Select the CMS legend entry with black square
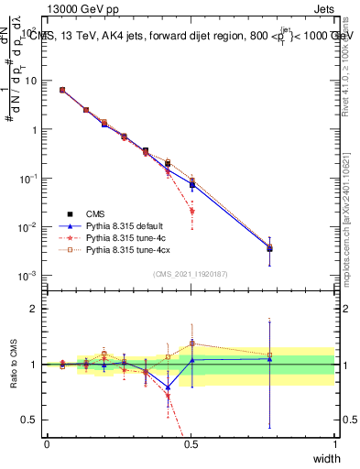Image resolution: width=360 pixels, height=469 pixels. [95, 213]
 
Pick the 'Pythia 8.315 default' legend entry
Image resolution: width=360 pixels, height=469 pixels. [123, 225]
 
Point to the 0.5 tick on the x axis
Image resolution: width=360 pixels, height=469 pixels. [191, 443]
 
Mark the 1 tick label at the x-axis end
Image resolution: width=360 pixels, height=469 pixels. [334, 443]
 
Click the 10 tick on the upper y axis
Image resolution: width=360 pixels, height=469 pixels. [30, 81]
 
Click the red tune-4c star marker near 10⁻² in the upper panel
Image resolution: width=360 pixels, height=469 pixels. [191, 211]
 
